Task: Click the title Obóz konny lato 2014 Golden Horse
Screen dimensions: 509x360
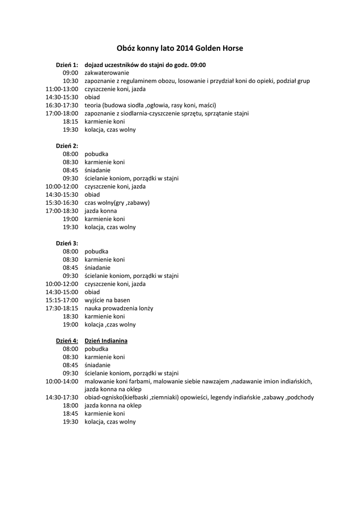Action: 180,49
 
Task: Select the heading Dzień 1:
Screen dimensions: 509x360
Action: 67,65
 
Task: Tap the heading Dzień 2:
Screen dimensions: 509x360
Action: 67,146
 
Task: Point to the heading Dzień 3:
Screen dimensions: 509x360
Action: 67,244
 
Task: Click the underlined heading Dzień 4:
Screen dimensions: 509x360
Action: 67,341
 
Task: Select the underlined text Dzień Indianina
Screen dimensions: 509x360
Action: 106,341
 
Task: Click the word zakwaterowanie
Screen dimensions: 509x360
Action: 107,73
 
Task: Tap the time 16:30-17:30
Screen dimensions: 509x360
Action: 62,105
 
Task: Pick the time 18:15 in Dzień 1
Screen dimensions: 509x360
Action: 71,122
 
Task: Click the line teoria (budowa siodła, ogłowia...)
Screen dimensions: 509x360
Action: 150,105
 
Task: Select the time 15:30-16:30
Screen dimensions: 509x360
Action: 62,203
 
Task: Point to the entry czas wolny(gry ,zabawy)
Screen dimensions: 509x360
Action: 117,203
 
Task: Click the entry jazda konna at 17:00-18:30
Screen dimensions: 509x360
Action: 100,211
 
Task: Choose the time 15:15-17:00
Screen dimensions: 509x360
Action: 62,300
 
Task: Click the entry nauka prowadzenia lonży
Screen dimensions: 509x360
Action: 119,308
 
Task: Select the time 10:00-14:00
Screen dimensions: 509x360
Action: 62,381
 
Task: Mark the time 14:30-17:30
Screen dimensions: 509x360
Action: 62,398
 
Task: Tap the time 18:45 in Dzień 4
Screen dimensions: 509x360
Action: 71,414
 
